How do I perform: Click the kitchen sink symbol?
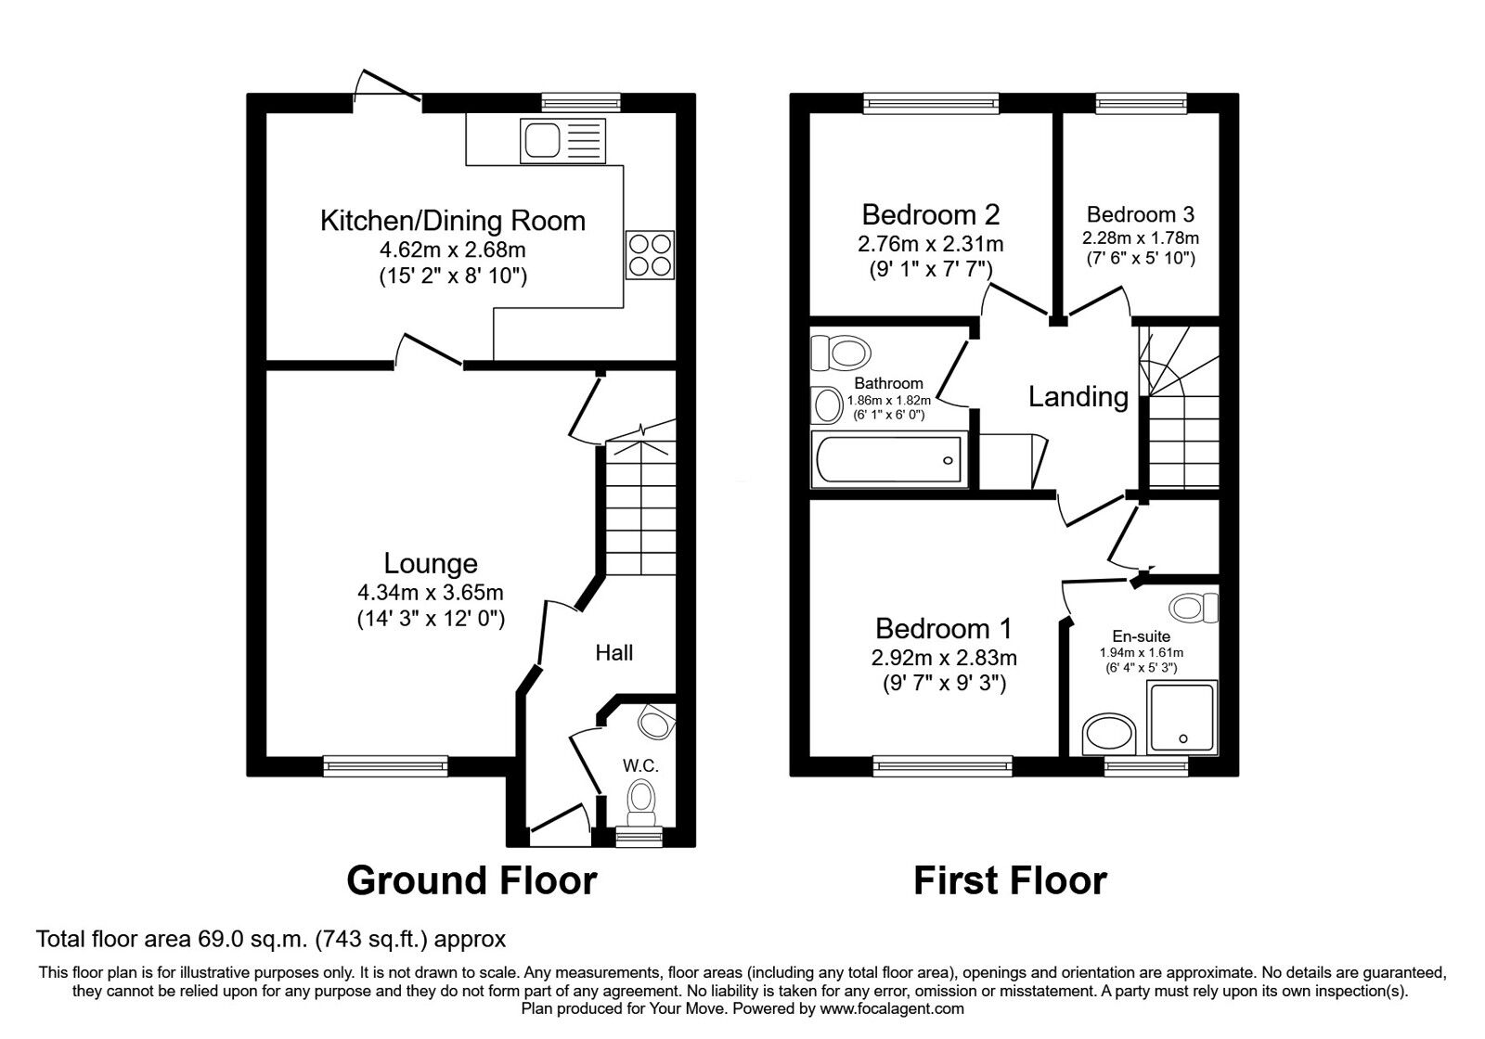coord(564,141)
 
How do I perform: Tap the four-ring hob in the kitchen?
coord(650,254)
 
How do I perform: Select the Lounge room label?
coord(431,563)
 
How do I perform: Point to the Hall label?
coord(614,653)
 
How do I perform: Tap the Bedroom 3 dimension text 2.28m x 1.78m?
coord(1140,237)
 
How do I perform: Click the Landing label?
coord(1078,397)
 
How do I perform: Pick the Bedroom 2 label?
coord(930,214)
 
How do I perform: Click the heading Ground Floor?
coord(471,879)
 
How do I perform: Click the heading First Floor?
coord(1010,879)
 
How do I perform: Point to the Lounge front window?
coord(385,765)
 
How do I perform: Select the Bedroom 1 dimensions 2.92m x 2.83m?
coord(944,658)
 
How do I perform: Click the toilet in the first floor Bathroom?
coord(841,353)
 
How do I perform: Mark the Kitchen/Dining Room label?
coord(453,221)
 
